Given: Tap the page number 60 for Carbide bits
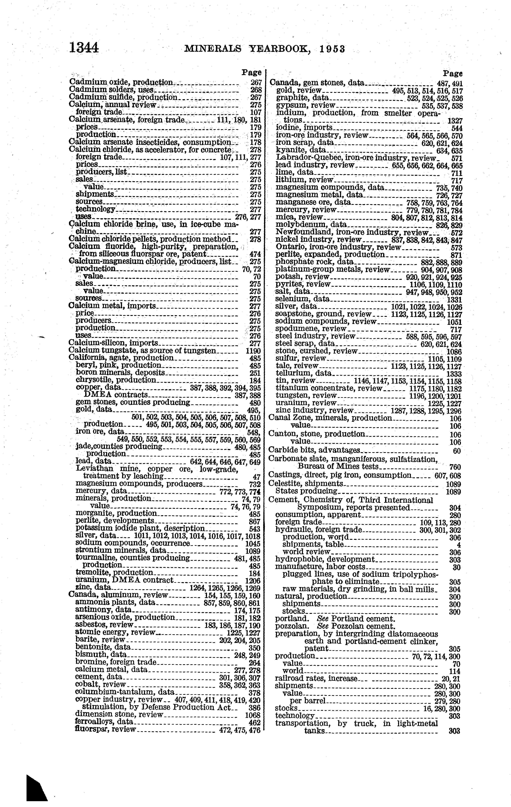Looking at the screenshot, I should tap(457, 451).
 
